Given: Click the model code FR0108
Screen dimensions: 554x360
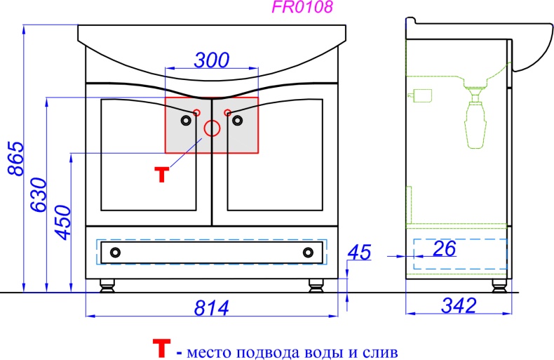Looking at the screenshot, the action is pyautogui.click(x=302, y=6).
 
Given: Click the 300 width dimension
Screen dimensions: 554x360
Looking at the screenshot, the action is pyautogui.click(x=212, y=60).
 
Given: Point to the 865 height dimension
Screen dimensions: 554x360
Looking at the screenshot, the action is pyautogui.click(x=16, y=159).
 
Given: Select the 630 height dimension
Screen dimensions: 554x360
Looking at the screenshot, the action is pyautogui.click(x=39, y=194).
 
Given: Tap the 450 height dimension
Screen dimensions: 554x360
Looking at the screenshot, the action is pyautogui.click(x=63, y=222).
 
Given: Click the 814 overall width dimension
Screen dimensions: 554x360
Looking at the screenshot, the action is pyautogui.click(x=212, y=307).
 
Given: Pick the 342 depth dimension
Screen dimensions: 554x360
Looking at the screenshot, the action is pyautogui.click(x=459, y=305).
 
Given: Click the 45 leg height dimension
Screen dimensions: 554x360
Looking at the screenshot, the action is pyautogui.click(x=360, y=252).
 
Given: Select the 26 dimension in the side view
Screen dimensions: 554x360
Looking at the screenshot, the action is pyautogui.click(x=445, y=248).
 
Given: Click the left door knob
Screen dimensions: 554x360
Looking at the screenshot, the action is pyautogui.click(x=186, y=121).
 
